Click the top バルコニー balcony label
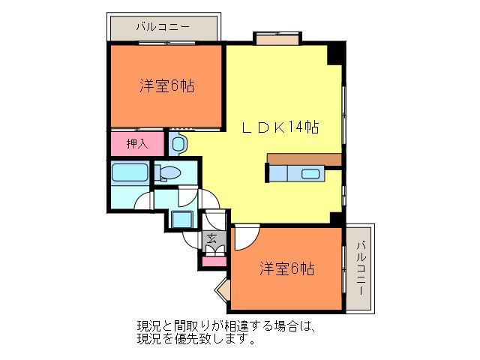163,27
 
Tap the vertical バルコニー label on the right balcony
361,267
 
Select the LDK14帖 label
280,127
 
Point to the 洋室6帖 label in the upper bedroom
166,86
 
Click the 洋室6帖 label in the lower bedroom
287,268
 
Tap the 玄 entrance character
212,240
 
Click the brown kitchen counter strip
304,159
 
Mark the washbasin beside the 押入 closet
179,142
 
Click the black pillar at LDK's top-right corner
337,53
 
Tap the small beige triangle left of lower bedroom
223,290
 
